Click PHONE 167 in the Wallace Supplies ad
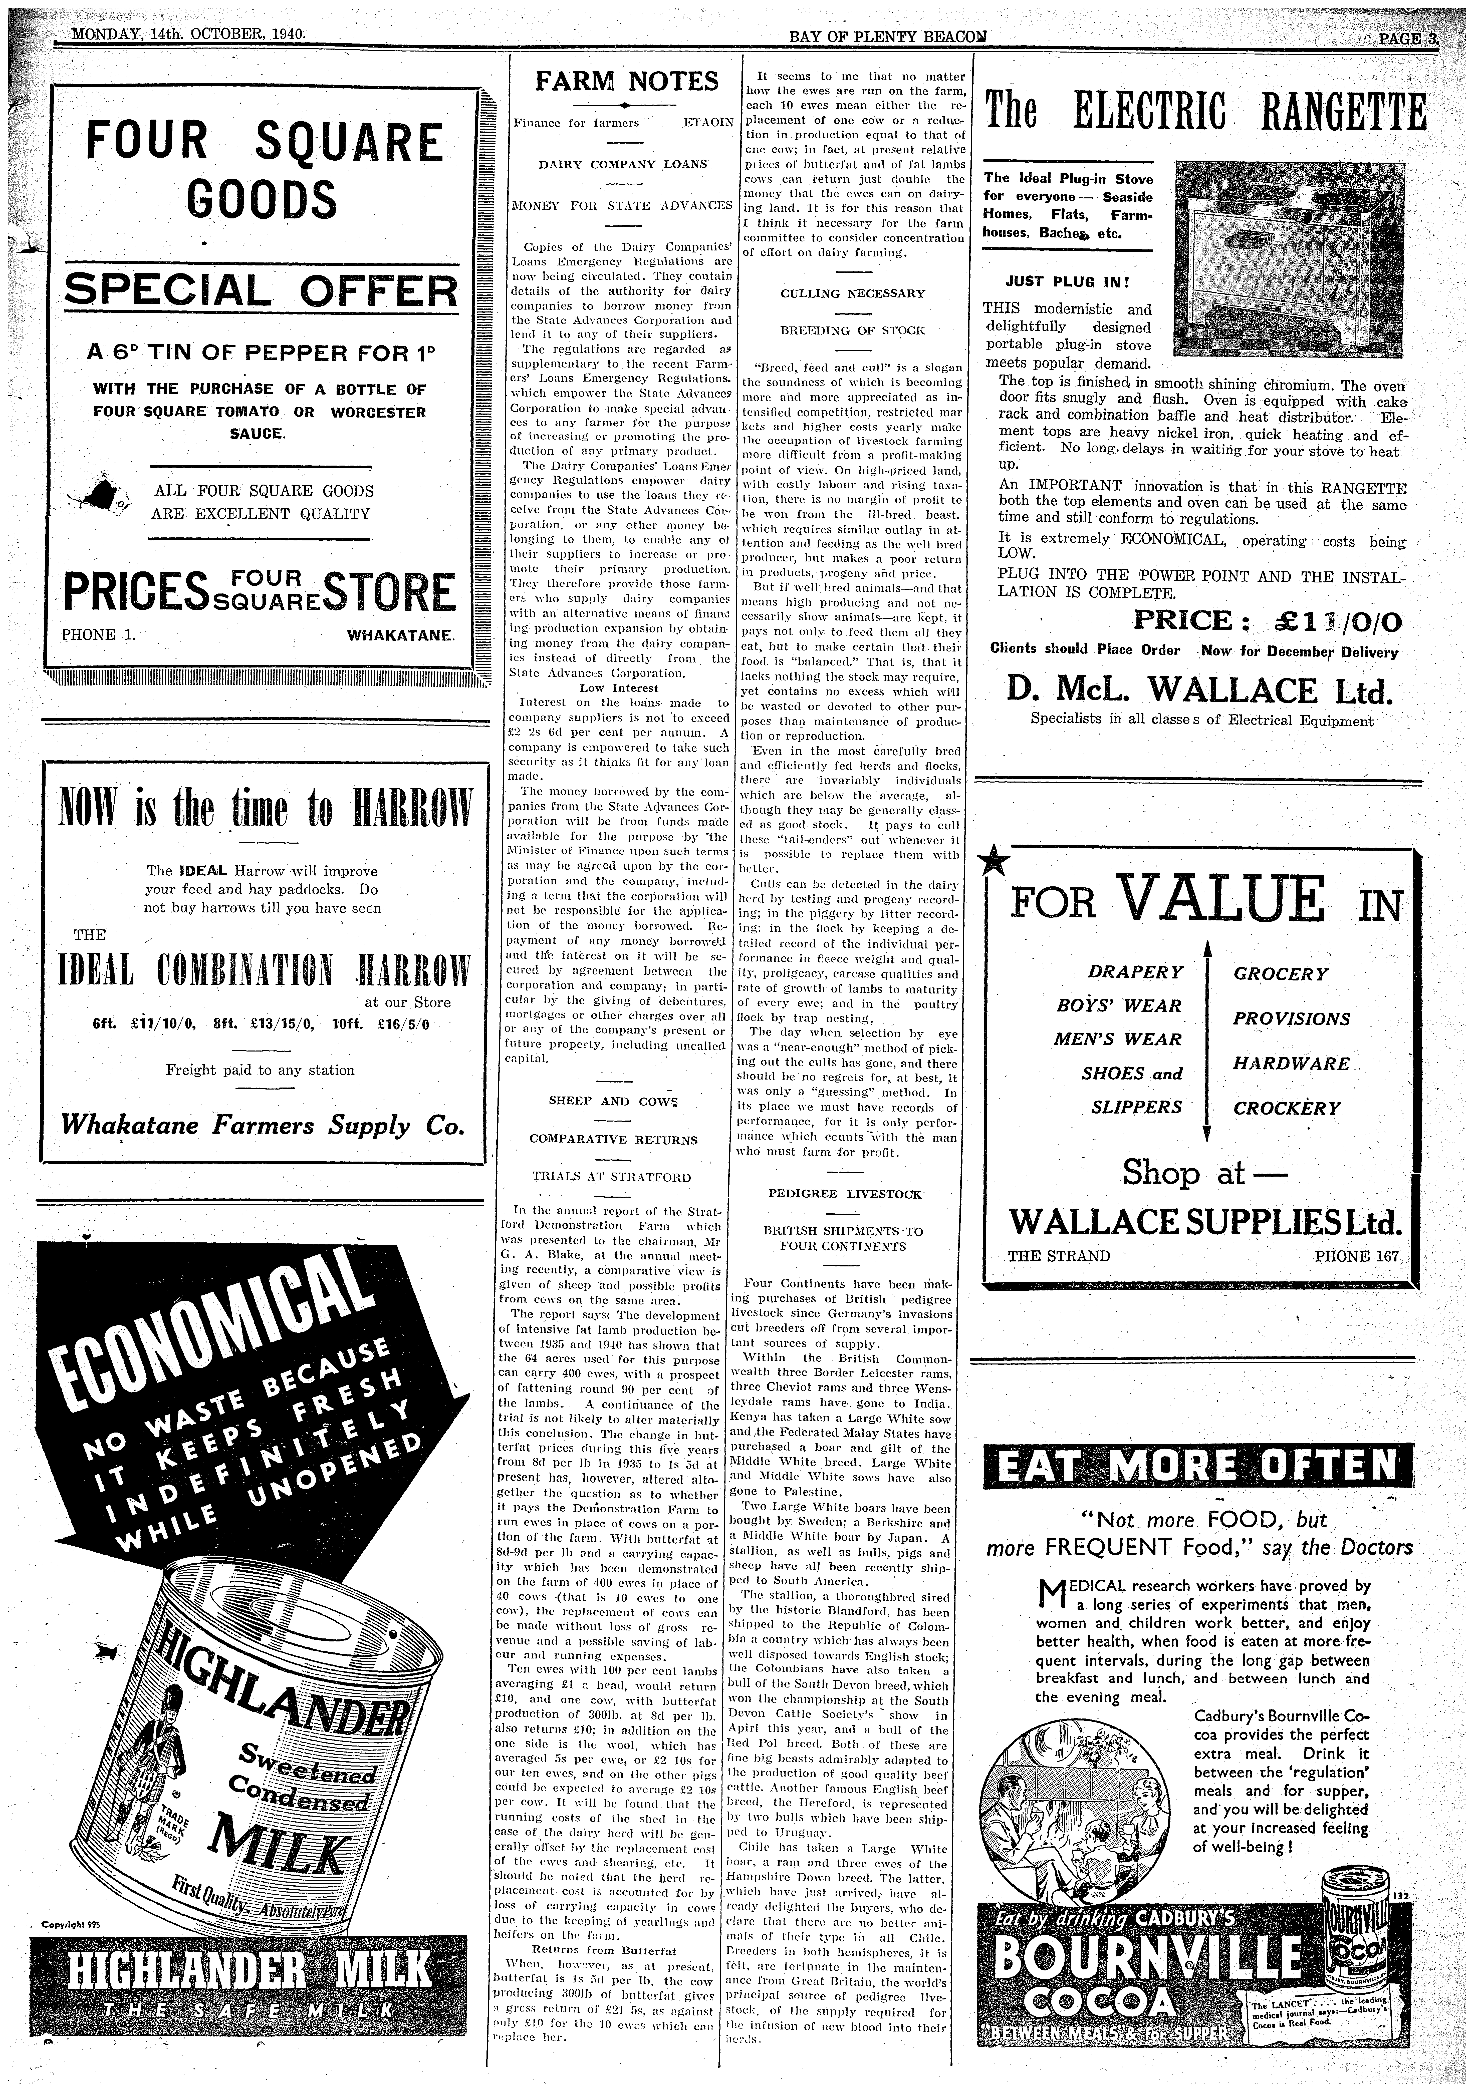(1355, 1256)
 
